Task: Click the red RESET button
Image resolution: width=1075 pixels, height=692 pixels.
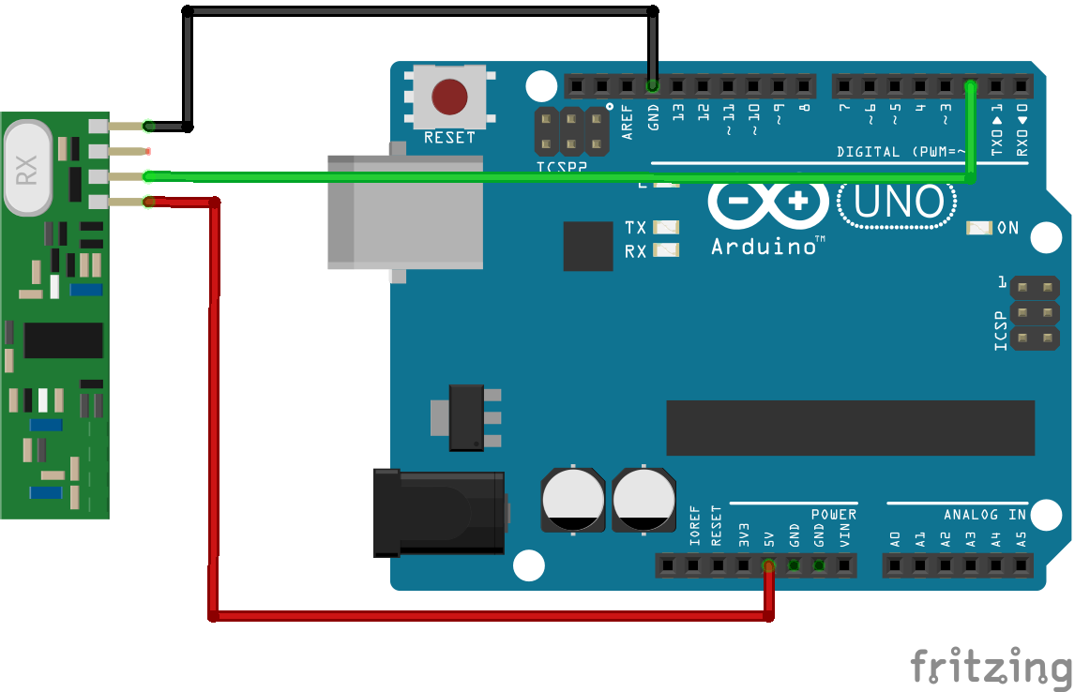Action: (449, 96)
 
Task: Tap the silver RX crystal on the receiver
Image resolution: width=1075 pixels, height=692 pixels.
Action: (27, 170)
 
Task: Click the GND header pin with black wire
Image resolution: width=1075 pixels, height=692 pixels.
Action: (653, 86)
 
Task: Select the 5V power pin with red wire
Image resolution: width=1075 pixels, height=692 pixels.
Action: (768, 565)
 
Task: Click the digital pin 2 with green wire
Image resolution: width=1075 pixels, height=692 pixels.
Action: (971, 86)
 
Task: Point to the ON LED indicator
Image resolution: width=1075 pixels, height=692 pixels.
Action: (978, 228)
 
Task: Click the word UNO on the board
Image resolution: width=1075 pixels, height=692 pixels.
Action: (888, 202)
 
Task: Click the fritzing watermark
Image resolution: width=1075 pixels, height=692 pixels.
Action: (992, 667)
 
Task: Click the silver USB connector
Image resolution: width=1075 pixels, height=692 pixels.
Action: (405, 212)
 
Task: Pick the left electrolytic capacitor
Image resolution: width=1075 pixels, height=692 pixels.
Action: (572, 500)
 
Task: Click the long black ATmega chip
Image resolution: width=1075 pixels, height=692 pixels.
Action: (850, 428)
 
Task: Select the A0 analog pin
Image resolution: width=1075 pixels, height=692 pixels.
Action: (895, 565)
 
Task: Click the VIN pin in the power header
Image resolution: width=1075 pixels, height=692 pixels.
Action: (844, 565)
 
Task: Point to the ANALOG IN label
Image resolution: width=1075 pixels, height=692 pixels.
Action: (984, 515)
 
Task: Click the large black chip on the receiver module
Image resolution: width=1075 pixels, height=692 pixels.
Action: (63, 340)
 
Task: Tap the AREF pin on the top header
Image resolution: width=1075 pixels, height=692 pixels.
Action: (628, 86)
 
